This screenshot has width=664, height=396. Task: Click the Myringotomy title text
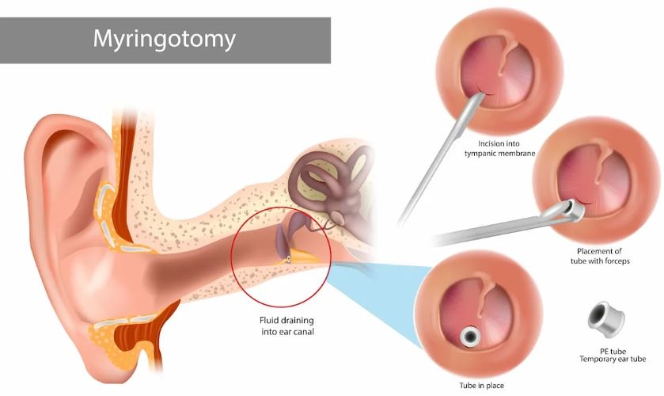(165, 40)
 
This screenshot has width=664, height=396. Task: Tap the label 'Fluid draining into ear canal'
(287, 326)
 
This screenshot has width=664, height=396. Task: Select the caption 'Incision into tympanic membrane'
(499, 148)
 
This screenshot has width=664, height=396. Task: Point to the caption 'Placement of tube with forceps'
(600, 256)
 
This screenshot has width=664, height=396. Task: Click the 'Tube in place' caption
(481, 386)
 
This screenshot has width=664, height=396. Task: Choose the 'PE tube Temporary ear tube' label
(613, 356)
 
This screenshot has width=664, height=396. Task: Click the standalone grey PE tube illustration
(606, 319)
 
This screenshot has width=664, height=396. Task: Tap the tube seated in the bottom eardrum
(470, 337)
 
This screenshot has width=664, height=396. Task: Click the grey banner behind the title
(165, 40)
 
